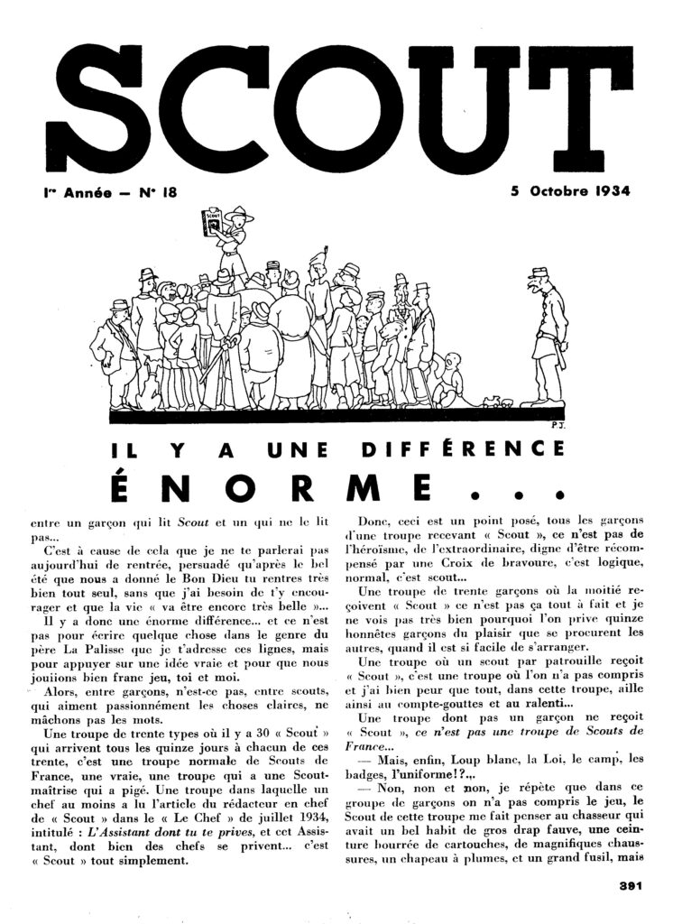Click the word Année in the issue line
pos(78,191)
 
